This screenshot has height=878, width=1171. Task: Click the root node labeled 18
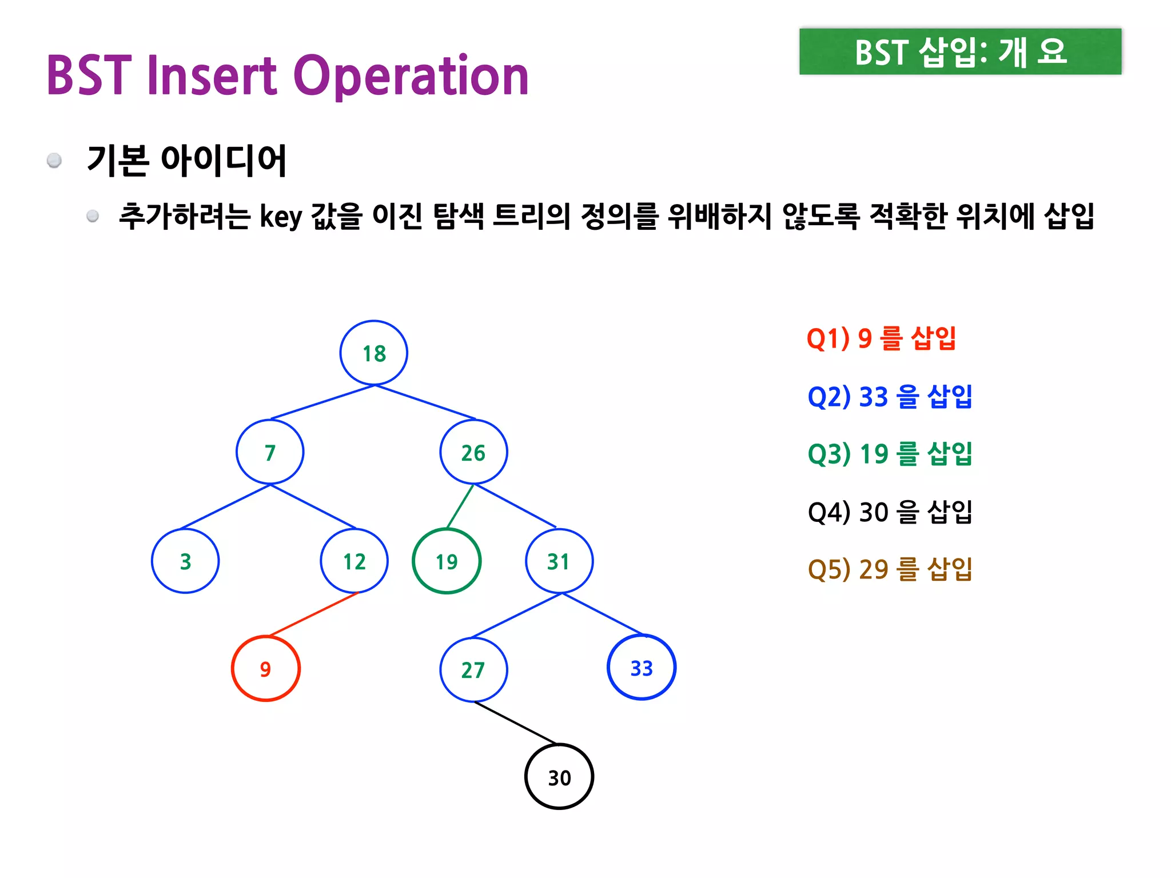point(373,353)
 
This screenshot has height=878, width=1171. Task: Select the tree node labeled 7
point(270,452)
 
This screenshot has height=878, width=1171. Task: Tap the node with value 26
point(473,452)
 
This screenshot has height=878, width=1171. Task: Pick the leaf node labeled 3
point(185,561)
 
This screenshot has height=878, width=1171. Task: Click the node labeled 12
point(355,561)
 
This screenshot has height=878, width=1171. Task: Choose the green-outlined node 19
point(447,561)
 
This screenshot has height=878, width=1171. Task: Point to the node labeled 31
point(559,561)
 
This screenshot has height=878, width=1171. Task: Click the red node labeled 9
point(266,668)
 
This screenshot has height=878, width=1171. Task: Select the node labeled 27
point(473,669)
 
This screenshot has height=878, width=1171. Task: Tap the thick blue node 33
point(642,667)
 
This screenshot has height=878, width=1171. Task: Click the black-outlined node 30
point(559,777)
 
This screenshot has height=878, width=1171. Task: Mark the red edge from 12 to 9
point(313,614)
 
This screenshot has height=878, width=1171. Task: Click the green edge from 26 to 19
point(460,506)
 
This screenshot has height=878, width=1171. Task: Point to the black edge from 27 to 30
point(515,723)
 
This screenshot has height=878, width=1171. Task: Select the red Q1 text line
point(881,338)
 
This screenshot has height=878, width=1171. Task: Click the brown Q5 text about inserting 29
point(890,569)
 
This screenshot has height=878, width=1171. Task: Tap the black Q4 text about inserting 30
point(890,512)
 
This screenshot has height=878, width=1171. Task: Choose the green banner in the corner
point(960,51)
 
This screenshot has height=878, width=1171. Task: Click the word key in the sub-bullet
point(280,217)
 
